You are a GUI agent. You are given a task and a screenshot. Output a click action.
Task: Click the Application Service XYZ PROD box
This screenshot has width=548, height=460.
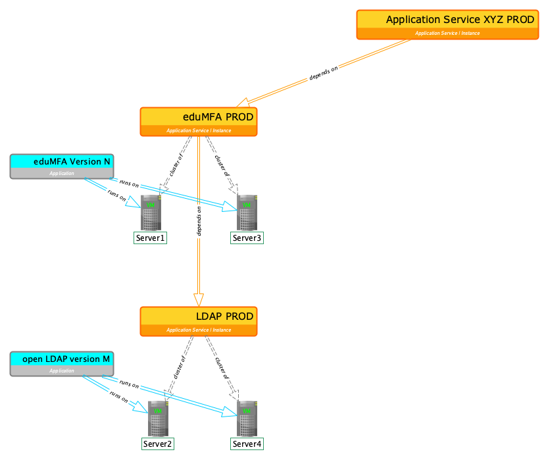(447, 24)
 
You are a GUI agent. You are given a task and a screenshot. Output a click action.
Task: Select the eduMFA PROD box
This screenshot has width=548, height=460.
(199, 122)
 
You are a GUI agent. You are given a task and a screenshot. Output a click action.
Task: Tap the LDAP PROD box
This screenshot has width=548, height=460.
(199, 322)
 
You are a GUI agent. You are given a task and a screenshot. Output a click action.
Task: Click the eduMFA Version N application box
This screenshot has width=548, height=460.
(62, 166)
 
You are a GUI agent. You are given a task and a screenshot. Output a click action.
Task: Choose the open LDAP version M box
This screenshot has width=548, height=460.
(62, 364)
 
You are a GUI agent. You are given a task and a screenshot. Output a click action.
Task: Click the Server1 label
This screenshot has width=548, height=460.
(150, 238)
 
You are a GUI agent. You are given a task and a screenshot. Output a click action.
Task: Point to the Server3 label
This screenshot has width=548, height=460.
(247, 238)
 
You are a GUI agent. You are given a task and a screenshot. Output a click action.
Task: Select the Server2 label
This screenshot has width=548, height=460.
(158, 444)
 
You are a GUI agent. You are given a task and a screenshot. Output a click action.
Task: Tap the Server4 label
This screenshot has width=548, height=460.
(247, 444)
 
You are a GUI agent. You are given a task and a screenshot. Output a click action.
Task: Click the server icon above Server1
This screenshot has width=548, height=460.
(151, 213)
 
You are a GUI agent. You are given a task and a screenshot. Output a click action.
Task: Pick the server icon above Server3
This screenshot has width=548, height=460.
(247, 213)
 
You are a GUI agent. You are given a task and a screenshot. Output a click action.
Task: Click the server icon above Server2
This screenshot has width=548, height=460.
(159, 419)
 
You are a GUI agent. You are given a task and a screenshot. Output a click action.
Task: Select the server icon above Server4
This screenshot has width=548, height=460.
(247, 419)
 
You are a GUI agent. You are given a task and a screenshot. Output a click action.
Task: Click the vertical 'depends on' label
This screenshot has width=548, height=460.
(199, 221)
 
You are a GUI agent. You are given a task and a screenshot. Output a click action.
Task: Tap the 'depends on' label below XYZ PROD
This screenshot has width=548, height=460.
(324, 73)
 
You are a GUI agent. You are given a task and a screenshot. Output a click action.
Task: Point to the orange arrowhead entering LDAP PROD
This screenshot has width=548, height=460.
(199, 300)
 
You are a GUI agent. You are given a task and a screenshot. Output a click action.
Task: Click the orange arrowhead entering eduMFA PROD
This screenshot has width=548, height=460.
(243, 103)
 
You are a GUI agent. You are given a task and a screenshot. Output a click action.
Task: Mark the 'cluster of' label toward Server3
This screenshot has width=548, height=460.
(222, 166)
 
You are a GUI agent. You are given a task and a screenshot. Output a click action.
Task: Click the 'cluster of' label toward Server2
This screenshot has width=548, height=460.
(180, 367)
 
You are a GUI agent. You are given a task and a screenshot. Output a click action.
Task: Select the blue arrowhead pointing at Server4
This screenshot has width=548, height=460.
(229, 412)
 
